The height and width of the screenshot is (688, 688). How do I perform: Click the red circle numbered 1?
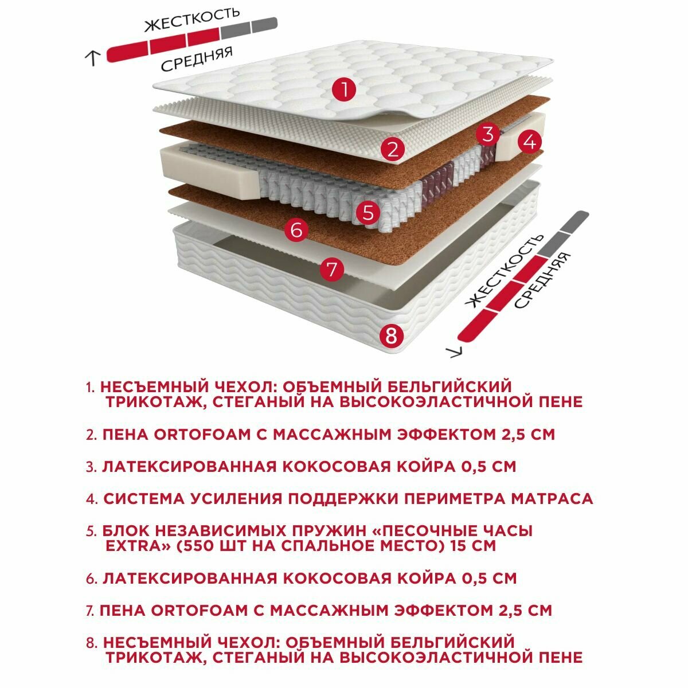345,89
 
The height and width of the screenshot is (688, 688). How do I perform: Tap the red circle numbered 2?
392,149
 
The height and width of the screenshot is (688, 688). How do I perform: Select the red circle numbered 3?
488,134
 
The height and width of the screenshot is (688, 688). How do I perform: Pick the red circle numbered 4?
529,142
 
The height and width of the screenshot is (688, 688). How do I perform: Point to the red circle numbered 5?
368,213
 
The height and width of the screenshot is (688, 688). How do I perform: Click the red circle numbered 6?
296,229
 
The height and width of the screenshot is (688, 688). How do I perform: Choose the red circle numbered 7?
332,269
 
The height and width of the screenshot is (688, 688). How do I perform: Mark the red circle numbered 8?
392,335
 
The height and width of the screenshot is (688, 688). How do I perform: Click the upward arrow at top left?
92,58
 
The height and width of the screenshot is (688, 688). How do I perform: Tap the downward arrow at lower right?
456,351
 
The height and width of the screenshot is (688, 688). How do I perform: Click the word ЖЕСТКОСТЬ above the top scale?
191,19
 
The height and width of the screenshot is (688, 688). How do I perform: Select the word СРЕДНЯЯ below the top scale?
197,59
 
